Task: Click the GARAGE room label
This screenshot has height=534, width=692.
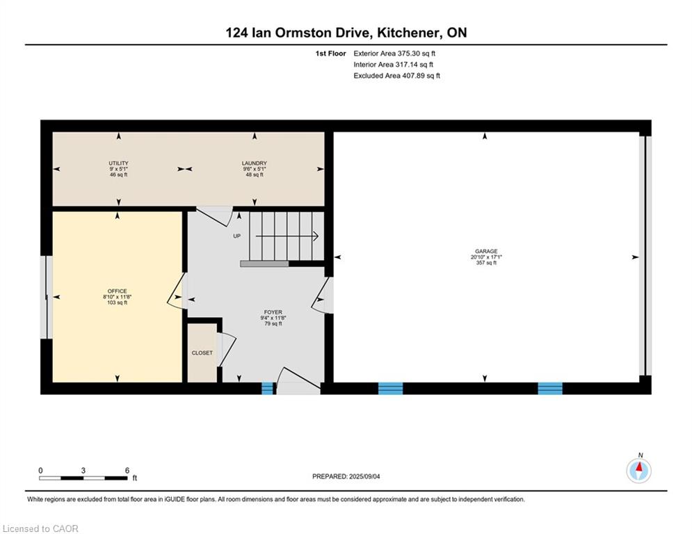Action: pyautogui.click(x=486, y=251)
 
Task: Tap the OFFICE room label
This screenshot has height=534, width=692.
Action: pyautogui.click(x=117, y=291)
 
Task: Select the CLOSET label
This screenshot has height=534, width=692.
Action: pyautogui.click(x=202, y=353)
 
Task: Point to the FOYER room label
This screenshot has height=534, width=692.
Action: pyautogui.click(x=273, y=312)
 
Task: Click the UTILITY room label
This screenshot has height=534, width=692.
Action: pyautogui.click(x=118, y=163)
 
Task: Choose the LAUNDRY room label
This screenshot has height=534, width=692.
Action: pyautogui.click(x=255, y=163)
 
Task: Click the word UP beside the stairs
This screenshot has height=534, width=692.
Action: pyautogui.click(x=237, y=236)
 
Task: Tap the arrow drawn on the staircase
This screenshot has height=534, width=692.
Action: pyautogui.click(x=287, y=236)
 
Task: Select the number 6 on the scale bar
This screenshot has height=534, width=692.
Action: pyautogui.click(x=127, y=471)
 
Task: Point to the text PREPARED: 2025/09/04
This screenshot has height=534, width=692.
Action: pyautogui.click(x=346, y=476)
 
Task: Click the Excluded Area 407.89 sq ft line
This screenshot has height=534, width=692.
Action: pyautogui.click(x=396, y=76)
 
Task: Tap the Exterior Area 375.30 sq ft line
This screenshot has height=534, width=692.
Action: pyautogui.click(x=394, y=54)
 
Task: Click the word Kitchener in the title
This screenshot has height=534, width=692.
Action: pyautogui.click(x=409, y=33)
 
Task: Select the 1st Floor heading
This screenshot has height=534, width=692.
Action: pyautogui.click(x=330, y=54)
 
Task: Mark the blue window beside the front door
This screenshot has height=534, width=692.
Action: pyautogui.click(x=268, y=389)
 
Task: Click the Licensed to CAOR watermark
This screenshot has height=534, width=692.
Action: pyautogui.click(x=40, y=528)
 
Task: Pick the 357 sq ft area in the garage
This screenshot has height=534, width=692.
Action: pyautogui.click(x=486, y=263)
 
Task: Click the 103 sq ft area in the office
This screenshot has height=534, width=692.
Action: pyautogui.click(x=117, y=302)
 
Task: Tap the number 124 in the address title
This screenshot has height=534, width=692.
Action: pyautogui.click(x=236, y=33)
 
